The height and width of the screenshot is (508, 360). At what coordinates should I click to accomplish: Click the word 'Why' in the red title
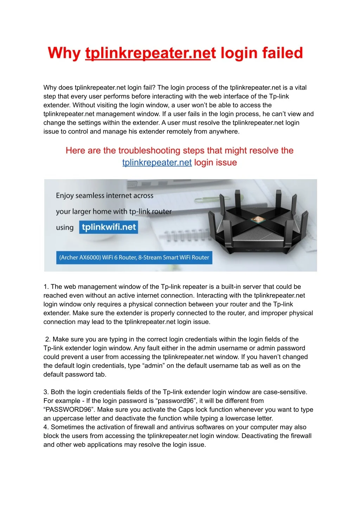click(64, 53)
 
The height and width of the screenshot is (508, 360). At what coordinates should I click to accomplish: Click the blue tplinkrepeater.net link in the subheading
click(157, 163)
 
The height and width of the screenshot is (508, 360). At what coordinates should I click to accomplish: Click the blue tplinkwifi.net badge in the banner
click(109, 227)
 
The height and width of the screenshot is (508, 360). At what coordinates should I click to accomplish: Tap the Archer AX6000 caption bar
click(134, 258)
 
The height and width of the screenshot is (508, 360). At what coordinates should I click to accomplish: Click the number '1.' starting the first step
click(46, 287)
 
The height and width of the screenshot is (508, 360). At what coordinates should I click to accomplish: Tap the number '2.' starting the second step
click(48, 339)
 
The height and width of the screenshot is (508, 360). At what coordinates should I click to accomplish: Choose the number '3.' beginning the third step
click(46, 392)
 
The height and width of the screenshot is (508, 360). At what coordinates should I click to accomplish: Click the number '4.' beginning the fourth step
click(46, 427)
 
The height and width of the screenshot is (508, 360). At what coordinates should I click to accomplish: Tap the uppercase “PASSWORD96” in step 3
click(69, 410)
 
